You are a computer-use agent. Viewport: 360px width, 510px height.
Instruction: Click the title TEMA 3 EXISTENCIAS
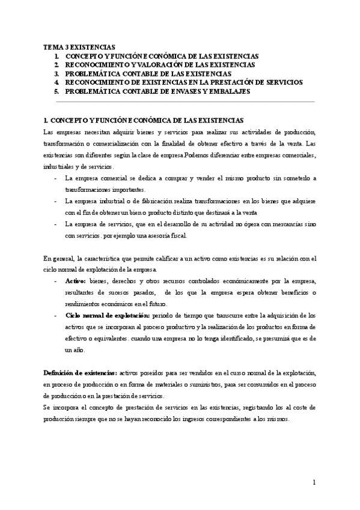pos(79,46)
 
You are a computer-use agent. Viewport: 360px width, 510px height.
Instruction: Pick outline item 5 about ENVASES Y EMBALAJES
pos(157,91)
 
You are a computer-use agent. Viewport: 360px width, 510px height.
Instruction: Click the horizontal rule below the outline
pos(180,102)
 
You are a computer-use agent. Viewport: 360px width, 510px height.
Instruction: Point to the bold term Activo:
pos(76,281)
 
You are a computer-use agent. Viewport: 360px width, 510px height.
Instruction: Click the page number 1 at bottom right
pos(314,482)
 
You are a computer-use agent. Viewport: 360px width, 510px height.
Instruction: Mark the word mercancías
pos(283,224)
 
